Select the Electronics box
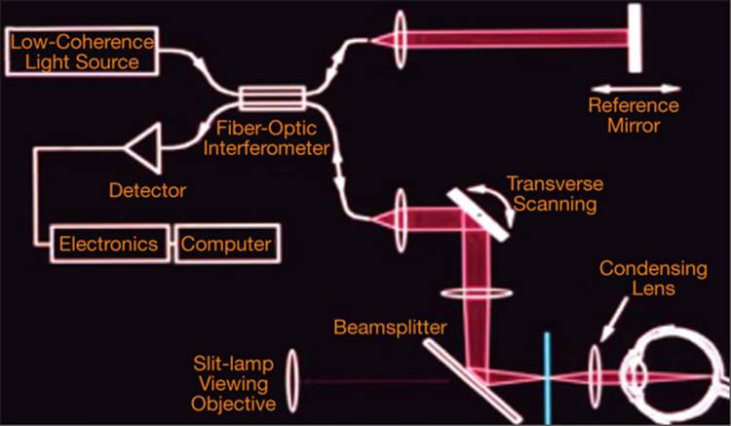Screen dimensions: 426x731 click(x=108, y=243)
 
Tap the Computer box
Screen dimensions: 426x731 click(x=226, y=243)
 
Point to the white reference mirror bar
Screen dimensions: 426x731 click(x=635, y=39)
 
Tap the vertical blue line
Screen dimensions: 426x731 click(x=548, y=375)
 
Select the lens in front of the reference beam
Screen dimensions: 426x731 click(x=402, y=40)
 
